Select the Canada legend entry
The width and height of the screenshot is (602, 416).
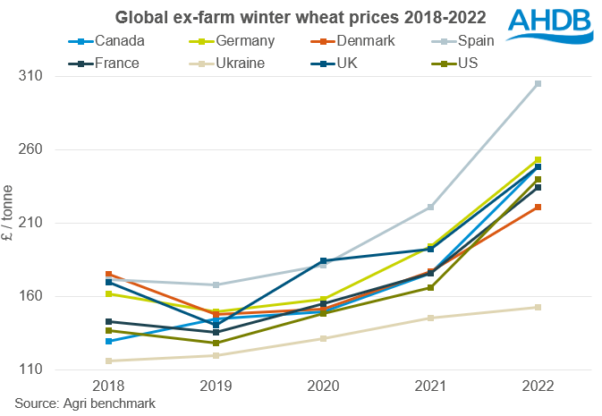(x=111, y=39)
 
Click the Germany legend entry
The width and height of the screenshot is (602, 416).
(x=236, y=39)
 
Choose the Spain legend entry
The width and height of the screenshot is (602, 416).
(x=479, y=39)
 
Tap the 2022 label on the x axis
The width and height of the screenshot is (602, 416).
(x=538, y=386)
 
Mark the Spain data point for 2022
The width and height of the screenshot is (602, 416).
(x=538, y=83)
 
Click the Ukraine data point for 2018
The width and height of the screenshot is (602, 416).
(x=108, y=361)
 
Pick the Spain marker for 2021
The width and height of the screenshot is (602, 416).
(x=430, y=207)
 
